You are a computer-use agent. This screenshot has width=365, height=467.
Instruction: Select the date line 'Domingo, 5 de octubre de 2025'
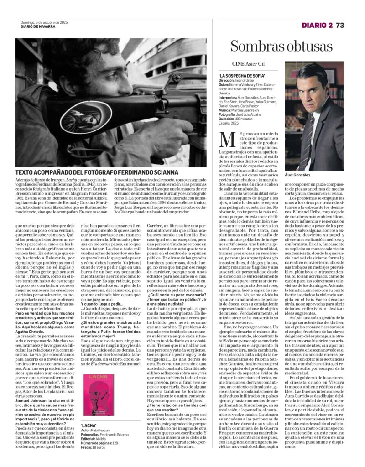[x=44, y=23]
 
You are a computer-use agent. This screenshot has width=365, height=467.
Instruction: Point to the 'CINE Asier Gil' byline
[x=248, y=64]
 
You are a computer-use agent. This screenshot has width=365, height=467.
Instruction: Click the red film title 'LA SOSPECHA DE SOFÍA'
[x=237, y=75]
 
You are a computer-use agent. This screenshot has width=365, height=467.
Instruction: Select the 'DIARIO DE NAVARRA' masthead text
[x=42, y=27]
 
